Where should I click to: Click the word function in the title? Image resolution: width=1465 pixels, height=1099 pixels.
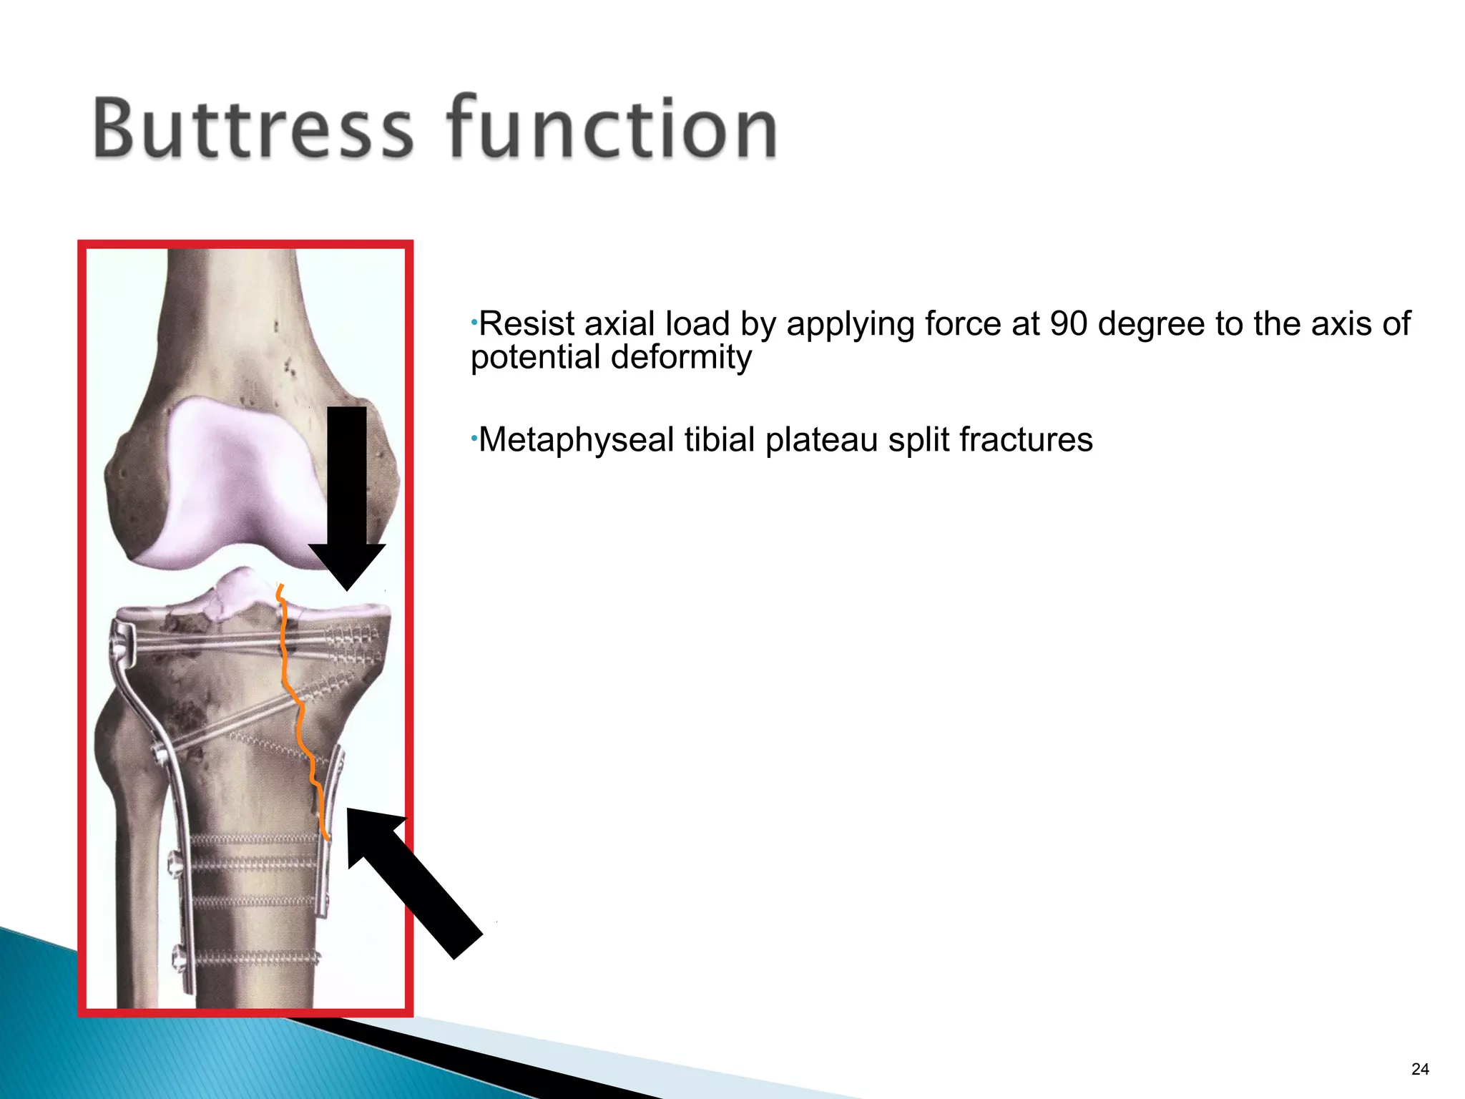[x=612, y=128]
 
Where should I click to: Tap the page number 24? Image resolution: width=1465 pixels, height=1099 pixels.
[x=1420, y=1069]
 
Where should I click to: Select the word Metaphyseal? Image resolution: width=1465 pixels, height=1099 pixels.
[x=576, y=439]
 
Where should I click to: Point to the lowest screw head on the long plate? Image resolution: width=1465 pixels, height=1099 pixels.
[x=177, y=956]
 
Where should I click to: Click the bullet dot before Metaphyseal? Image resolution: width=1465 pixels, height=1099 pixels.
[x=474, y=436]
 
